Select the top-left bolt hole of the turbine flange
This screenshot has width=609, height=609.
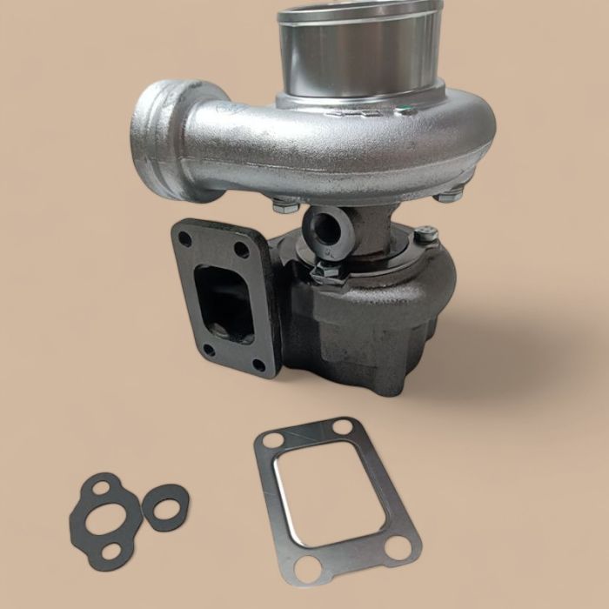pos(185,238)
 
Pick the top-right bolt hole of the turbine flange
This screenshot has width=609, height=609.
pos(241,250)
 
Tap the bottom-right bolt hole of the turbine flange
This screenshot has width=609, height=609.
pos(259,365)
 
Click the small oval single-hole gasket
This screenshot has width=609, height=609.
pos(164,507)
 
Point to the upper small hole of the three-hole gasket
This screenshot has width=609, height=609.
pos(101,488)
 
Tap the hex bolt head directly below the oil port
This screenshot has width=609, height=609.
pos(328,271)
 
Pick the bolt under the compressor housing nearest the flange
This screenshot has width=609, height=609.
pos(285,205)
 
